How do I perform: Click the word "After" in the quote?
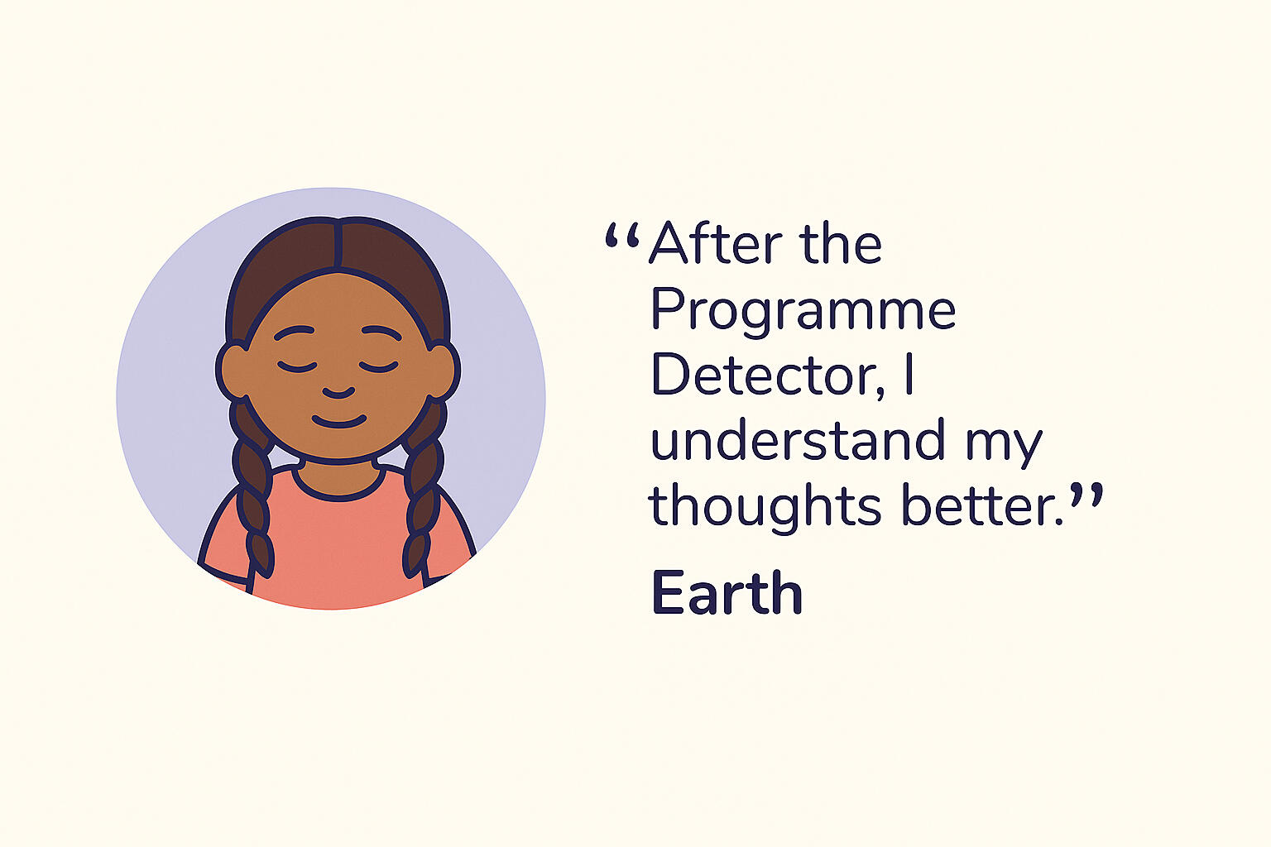(716, 243)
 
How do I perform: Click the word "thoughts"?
(765, 507)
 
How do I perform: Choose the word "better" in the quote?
(981, 504)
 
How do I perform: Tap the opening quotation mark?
(622, 236)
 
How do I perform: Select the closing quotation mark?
(1086, 495)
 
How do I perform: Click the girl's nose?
(338, 392)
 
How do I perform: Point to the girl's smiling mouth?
(338, 422)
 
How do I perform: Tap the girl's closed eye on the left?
(297, 366)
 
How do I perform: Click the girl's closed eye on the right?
(378, 366)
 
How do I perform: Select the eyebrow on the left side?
(294, 332)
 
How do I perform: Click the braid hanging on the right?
(424, 488)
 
